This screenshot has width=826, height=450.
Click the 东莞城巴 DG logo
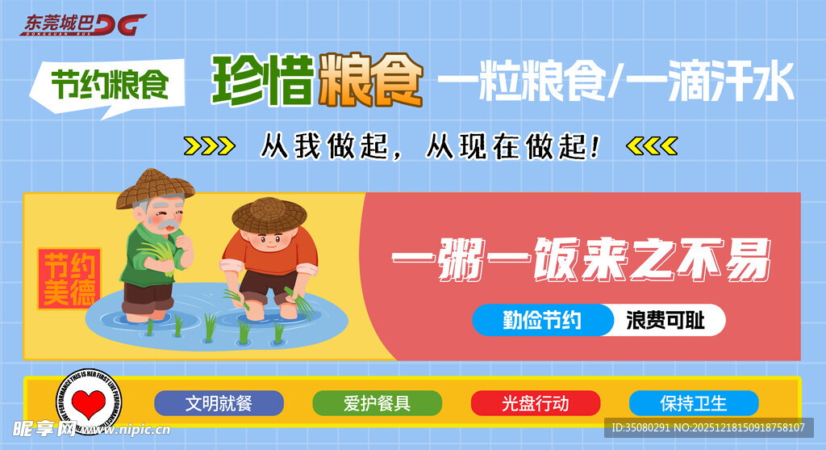click(x=83, y=24)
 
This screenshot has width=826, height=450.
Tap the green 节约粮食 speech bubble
click(x=109, y=85)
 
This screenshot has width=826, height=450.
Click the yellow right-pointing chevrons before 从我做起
click(x=210, y=146)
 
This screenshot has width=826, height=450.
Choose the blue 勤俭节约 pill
click(x=542, y=321)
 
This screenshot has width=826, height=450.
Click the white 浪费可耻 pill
click(x=666, y=321)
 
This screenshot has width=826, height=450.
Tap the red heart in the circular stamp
click(x=86, y=402)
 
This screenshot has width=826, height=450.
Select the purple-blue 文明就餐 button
click(x=219, y=403)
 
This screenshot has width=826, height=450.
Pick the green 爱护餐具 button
click(x=377, y=403)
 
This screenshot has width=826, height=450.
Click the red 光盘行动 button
click(x=535, y=403)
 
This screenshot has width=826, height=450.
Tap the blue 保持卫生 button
click(x=693, y=403)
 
